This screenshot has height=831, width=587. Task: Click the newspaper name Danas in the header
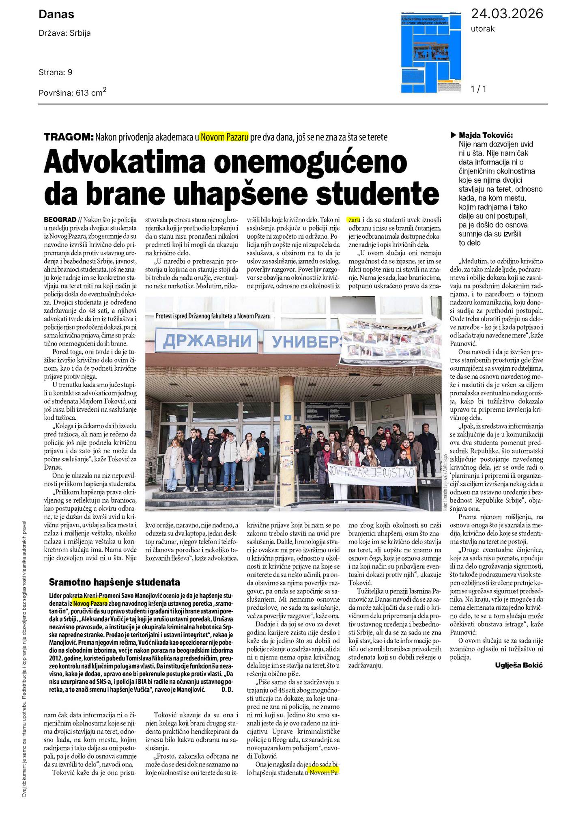[56, 15]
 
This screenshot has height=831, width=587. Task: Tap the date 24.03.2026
[507, 14]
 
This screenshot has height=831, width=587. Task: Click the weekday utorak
[483, 29]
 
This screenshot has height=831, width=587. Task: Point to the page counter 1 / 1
[478, 89]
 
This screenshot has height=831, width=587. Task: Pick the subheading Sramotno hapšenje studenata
[114, 582]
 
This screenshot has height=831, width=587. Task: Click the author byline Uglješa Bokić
[518, 665]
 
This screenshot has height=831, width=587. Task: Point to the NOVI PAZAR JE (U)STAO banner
[372, 473]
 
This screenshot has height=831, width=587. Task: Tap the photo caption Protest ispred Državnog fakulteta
[213, 316]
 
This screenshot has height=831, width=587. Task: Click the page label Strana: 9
[56, 73]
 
